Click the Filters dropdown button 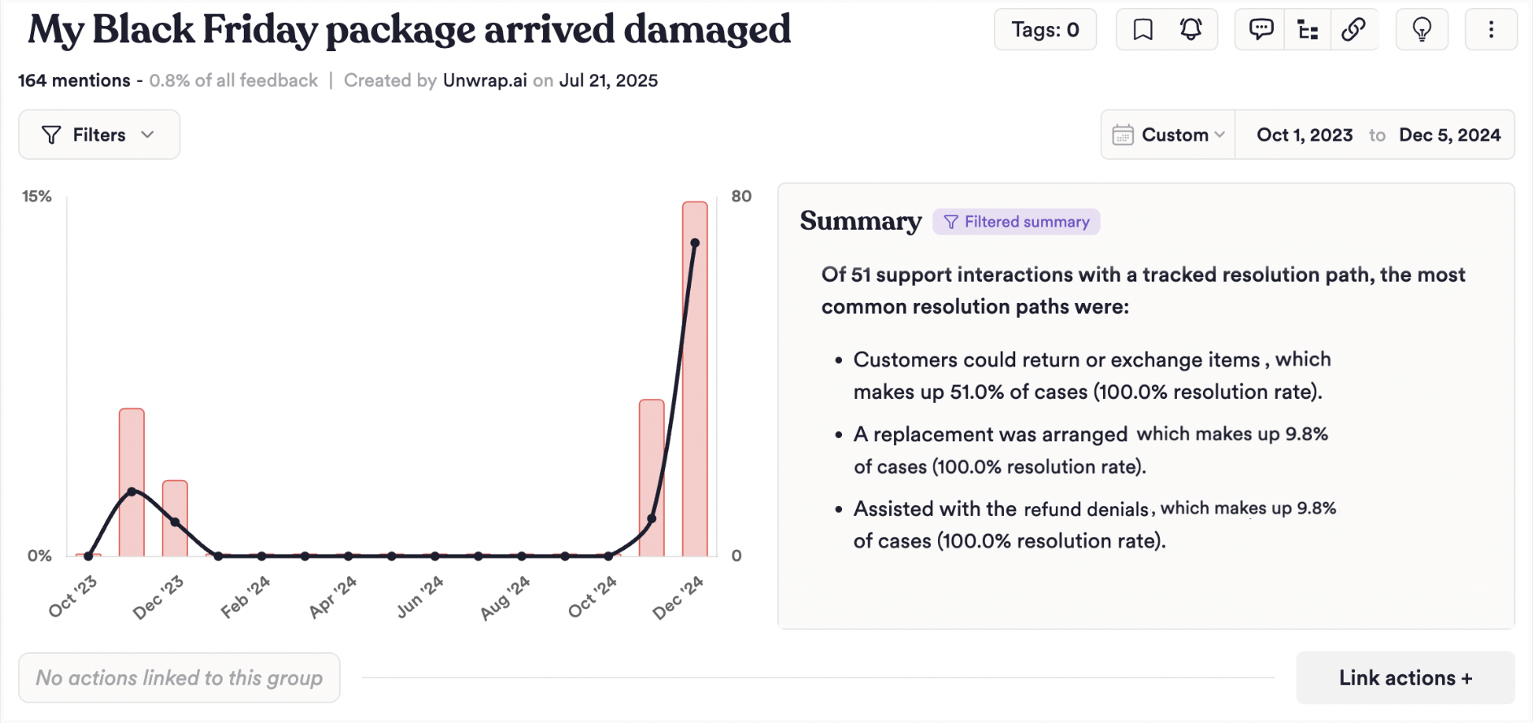tap(98, 135)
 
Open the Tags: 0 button tap(1044, 30)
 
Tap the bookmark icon tap(1143, 30)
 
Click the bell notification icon tap(1191, 30)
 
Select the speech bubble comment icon tap(1261, 30)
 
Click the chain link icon tap(1353, 30)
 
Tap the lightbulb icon tap(1422, 30)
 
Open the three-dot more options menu tap(1491, 30)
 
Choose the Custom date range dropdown tap(1169, 135)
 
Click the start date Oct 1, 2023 tap(1305, 135)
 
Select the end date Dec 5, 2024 tap(1449, 135)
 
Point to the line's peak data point tap(695, 243)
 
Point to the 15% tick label tap(37, 197)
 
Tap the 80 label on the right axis tap(741, 197)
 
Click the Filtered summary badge tap(1017, 222)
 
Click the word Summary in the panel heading tap(861, 221)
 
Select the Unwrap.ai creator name tap(484, 80)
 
